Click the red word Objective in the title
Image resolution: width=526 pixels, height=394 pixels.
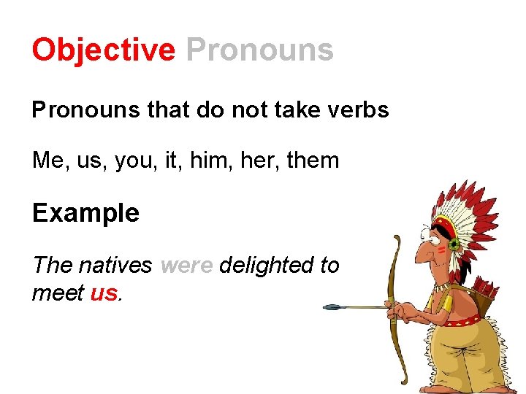click(x=103, y=50)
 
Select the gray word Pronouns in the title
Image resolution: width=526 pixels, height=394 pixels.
click(x=259, y=50)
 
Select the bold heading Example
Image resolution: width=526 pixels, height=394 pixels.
click(x=85, y=213)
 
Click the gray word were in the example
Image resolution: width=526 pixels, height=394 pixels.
click(x=186, y=265)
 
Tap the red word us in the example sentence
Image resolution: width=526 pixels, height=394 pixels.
click(x=104, y=293)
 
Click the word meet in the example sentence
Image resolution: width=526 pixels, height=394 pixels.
click(x=58, y=293)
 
